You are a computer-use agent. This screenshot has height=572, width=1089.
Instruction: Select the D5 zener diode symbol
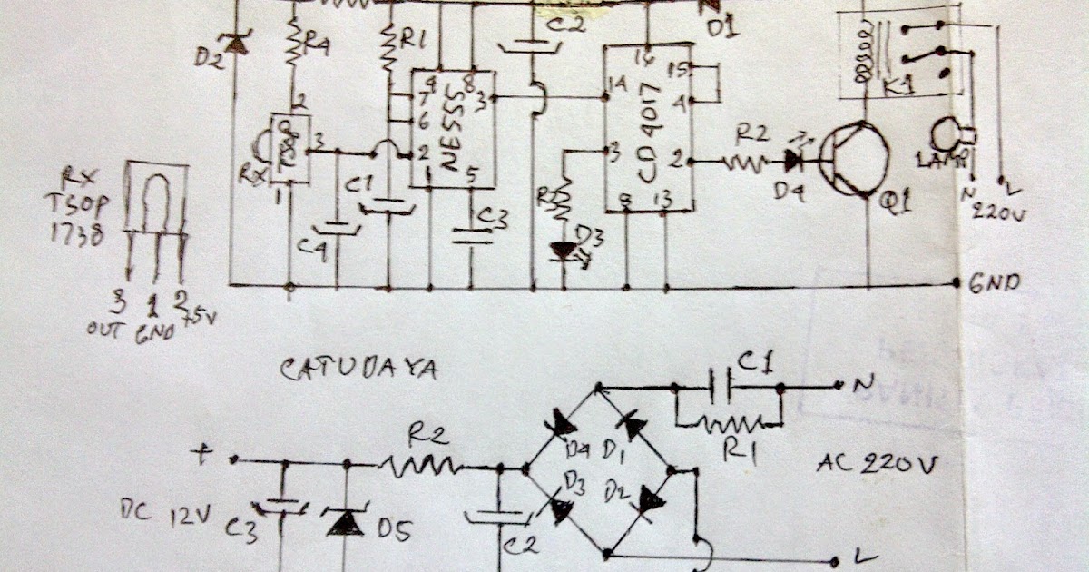(347, 522)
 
